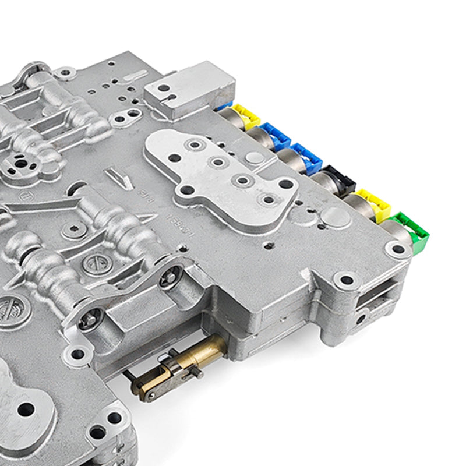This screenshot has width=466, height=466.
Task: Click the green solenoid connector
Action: pos(414,229)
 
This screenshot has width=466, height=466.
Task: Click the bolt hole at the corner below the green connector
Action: pos(397,250)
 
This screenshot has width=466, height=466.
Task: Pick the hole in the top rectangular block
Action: pos(164,89)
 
